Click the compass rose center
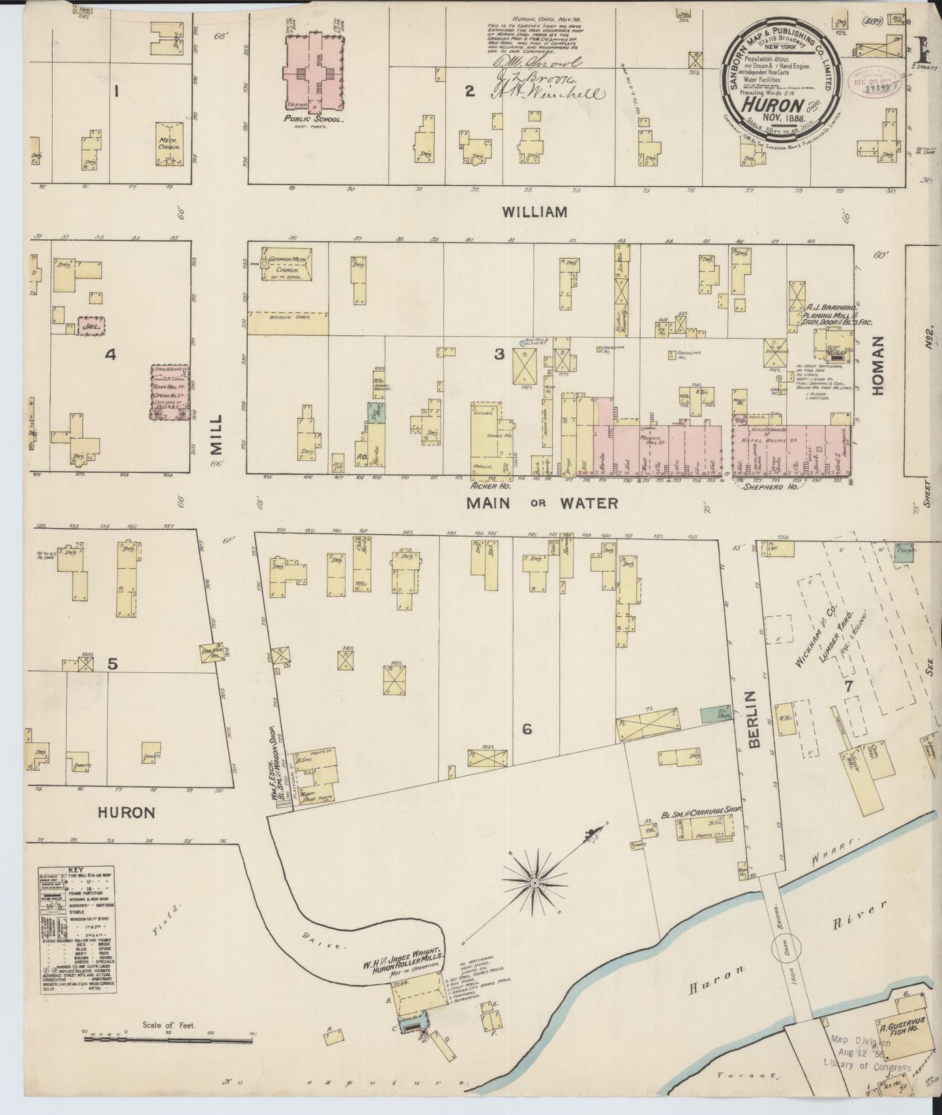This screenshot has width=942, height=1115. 535,883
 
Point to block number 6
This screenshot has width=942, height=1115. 527,729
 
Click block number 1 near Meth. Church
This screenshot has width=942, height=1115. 117,92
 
